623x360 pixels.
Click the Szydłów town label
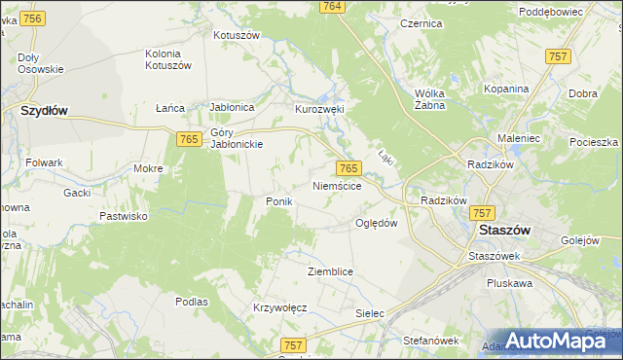coord(44,111)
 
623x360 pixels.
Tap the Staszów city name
coord(505,231)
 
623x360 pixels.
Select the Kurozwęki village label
coord(320,110)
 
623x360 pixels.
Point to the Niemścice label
coord(338,185)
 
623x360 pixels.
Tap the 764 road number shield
coord(332,7)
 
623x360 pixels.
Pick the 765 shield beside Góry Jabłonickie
coord(189,141)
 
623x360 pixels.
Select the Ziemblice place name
coord(329,271)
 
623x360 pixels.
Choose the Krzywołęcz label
coord(280,307)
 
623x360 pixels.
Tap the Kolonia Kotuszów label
coord(168,58)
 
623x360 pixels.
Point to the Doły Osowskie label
coord(41,63)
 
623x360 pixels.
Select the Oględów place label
coord(376,223)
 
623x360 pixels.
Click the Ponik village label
coord(279,200)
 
